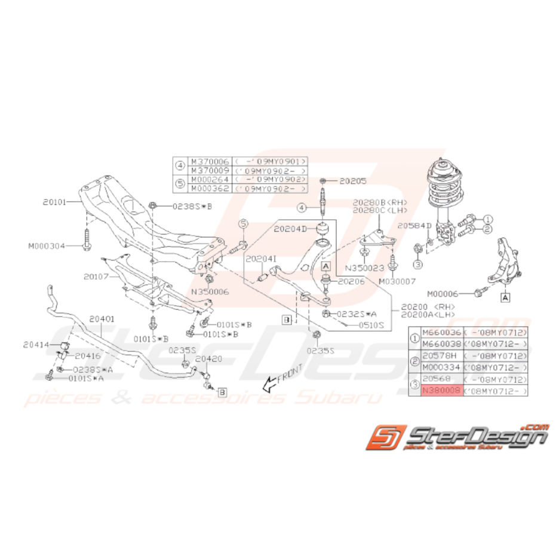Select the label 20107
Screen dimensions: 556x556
(96, 277)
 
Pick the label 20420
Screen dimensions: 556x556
(208, 359)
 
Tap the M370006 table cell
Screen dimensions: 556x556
(210, 161)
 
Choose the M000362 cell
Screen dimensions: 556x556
(210, 189)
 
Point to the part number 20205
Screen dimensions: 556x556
(352, 180)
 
